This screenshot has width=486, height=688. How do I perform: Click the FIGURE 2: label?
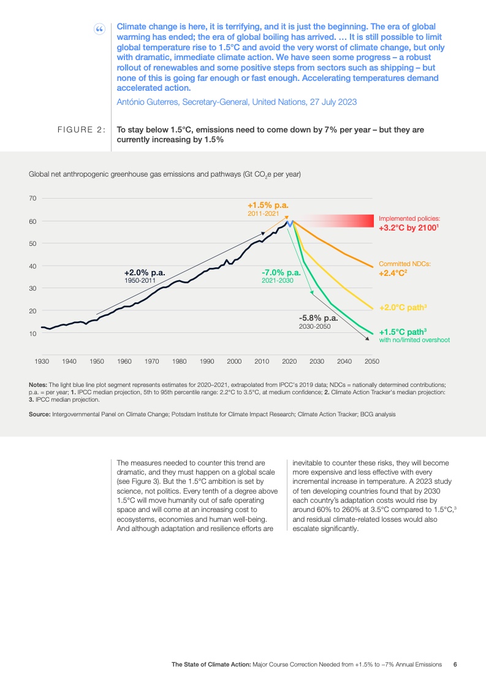pos(81,130)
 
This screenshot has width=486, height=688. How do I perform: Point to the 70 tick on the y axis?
pos(33,199)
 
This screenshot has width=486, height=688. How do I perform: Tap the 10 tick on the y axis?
pos(33,334)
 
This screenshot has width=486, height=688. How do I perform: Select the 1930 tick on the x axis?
pos(42,361)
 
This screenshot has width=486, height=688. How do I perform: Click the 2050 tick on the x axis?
pos(372,361)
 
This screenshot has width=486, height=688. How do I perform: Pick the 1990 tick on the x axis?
pos(207,361)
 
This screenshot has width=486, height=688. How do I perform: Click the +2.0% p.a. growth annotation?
pos(145,272)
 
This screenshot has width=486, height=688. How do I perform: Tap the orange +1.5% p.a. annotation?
pos(268,205)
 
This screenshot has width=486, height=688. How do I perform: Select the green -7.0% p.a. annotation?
pos(281,272)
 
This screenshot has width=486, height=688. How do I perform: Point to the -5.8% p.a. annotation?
pos(318,318)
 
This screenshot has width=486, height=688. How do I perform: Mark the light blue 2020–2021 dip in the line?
pos(291,224)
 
